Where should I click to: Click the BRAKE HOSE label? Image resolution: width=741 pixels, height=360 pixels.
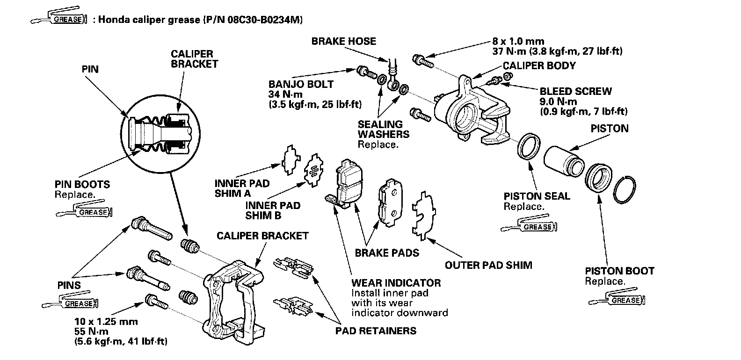(x=343, y=41)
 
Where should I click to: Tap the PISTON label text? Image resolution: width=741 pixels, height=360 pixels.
(x=609, y=128)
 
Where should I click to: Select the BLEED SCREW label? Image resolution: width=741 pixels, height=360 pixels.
(x=575, y=92)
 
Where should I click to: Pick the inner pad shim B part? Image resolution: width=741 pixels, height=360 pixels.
(x=313, y=171)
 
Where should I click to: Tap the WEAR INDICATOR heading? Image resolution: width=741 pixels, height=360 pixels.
(x=396, y=283)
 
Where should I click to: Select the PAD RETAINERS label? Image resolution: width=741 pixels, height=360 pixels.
(x=376, y=331)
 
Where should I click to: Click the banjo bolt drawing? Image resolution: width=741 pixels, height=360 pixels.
(x=366, y=72)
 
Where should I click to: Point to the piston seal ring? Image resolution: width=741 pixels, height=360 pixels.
(x=529, y=145)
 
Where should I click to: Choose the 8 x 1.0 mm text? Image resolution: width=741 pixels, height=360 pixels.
(x=517, y=41)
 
